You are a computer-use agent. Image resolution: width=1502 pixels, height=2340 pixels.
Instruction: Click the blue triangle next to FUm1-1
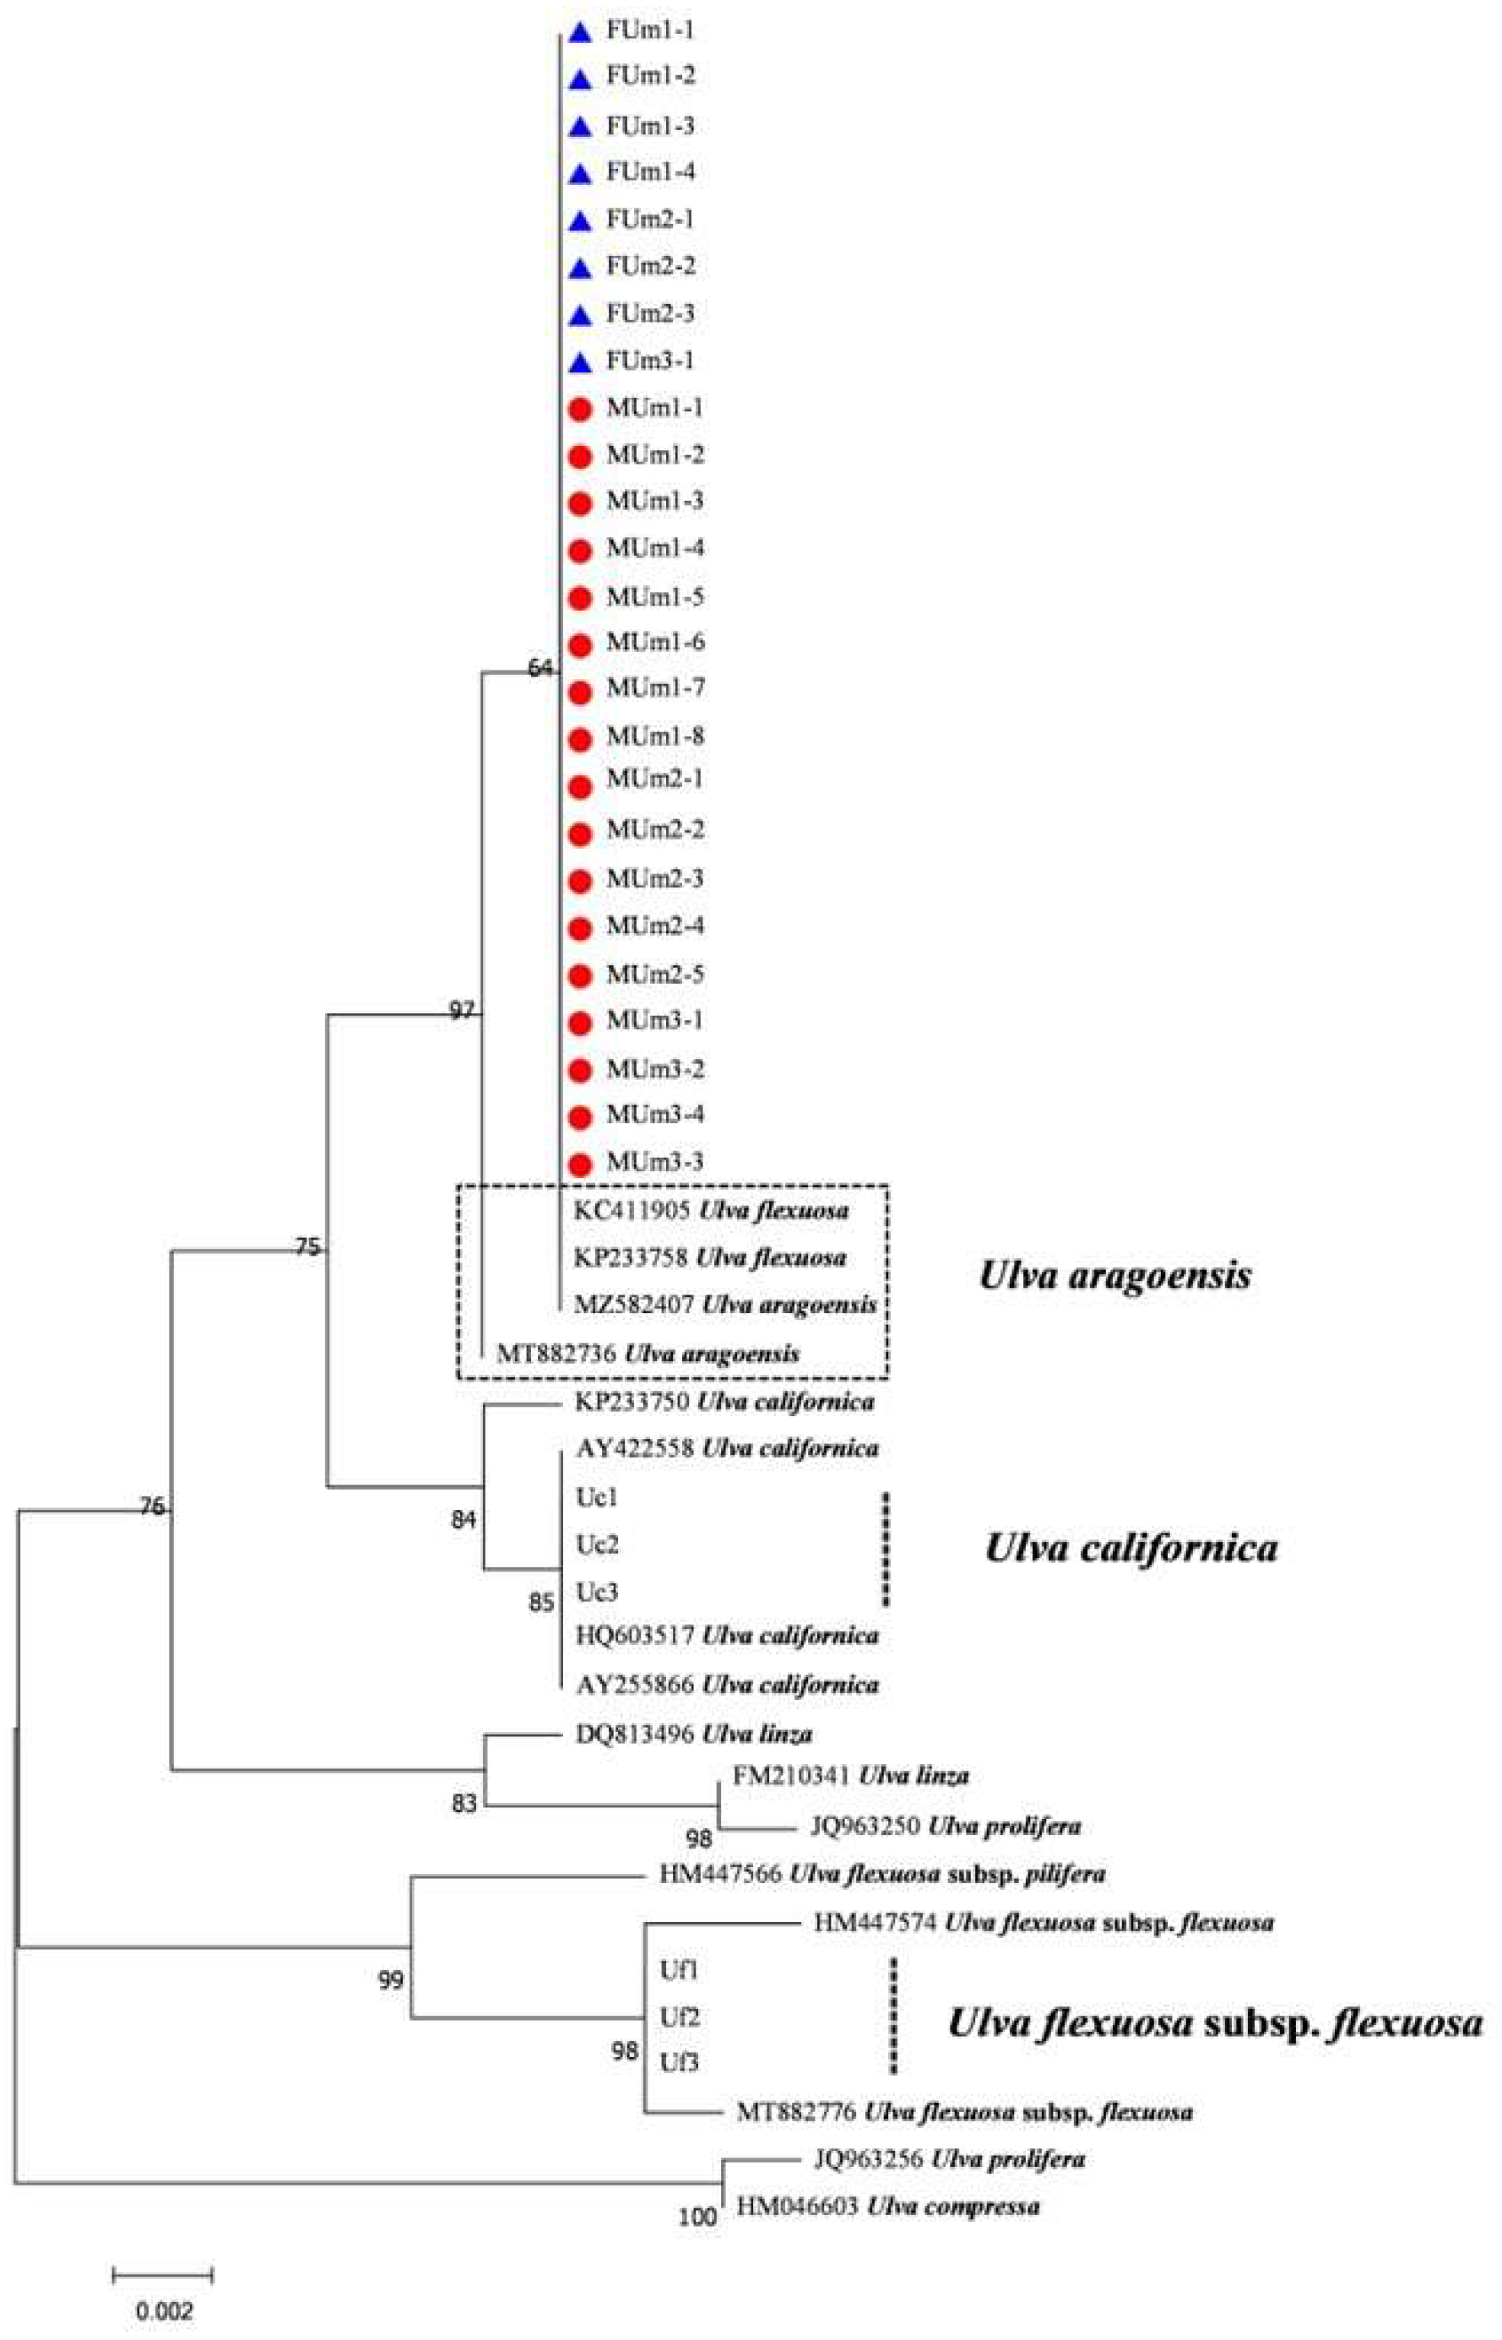coord(580,33)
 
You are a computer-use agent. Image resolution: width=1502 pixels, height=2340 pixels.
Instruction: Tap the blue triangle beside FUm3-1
coord(580,364)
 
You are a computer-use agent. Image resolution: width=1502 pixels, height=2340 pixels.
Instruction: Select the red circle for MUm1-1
coord(580,410)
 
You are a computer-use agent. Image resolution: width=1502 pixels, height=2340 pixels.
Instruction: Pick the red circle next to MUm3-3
coord(580,1164)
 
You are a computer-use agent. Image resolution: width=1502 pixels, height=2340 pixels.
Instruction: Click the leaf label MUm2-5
coord(654,975)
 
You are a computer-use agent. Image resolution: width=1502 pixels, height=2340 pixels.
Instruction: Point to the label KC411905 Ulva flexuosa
coord(712,1210)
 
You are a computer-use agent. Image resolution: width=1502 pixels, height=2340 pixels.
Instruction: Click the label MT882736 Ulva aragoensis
coord(648,1354)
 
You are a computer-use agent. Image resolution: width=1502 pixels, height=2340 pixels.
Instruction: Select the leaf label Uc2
coord(597,1545)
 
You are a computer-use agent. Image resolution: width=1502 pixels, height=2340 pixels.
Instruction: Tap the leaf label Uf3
coord(679,2036)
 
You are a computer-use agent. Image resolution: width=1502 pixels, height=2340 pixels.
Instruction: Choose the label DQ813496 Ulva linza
coord(693,1735)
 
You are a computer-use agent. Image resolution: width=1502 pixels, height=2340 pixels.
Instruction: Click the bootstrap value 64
coord(540,668)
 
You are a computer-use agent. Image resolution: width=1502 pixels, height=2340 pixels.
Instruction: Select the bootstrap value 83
coord(464,1805)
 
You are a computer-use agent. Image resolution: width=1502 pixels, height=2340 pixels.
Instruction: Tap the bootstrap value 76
coord(151,1507)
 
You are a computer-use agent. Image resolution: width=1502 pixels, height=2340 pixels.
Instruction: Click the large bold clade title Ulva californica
coord(1131,1548)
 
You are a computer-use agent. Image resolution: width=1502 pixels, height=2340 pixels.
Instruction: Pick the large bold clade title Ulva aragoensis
coord(1114,1276)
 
